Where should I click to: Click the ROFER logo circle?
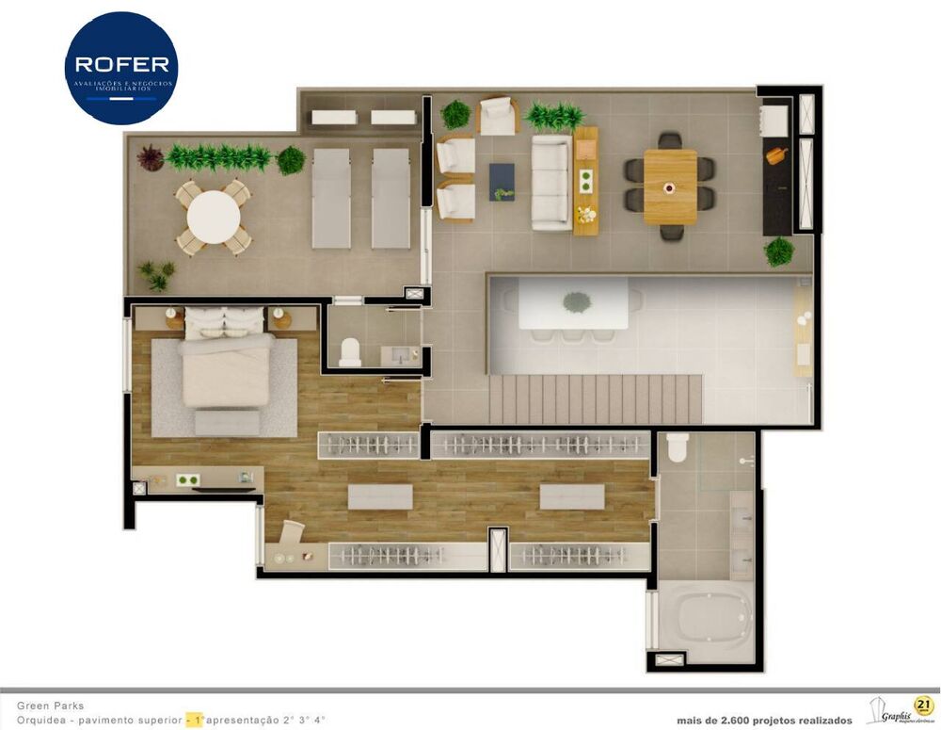(x=121, y=68)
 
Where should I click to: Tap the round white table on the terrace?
(x=214, y=217)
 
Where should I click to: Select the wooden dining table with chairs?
(x=670, y=186)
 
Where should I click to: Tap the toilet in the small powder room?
(x=350, y=351)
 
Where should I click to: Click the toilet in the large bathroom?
(x=678, y=448)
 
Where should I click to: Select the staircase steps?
(x=595, y=398)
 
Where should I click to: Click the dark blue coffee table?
(x=502, y=182)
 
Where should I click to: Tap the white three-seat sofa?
(x=551, y=182)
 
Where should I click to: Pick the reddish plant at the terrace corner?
(x=150, y=157)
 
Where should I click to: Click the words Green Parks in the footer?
(x=50, y=705)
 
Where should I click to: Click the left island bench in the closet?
(x=380, y=496)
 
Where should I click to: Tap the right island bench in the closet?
(x=571, y=496)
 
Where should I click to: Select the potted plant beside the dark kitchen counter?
(x=779, y=251)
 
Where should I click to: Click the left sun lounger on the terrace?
(x=331, y=198)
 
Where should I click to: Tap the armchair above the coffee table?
(x=498, y=116)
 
